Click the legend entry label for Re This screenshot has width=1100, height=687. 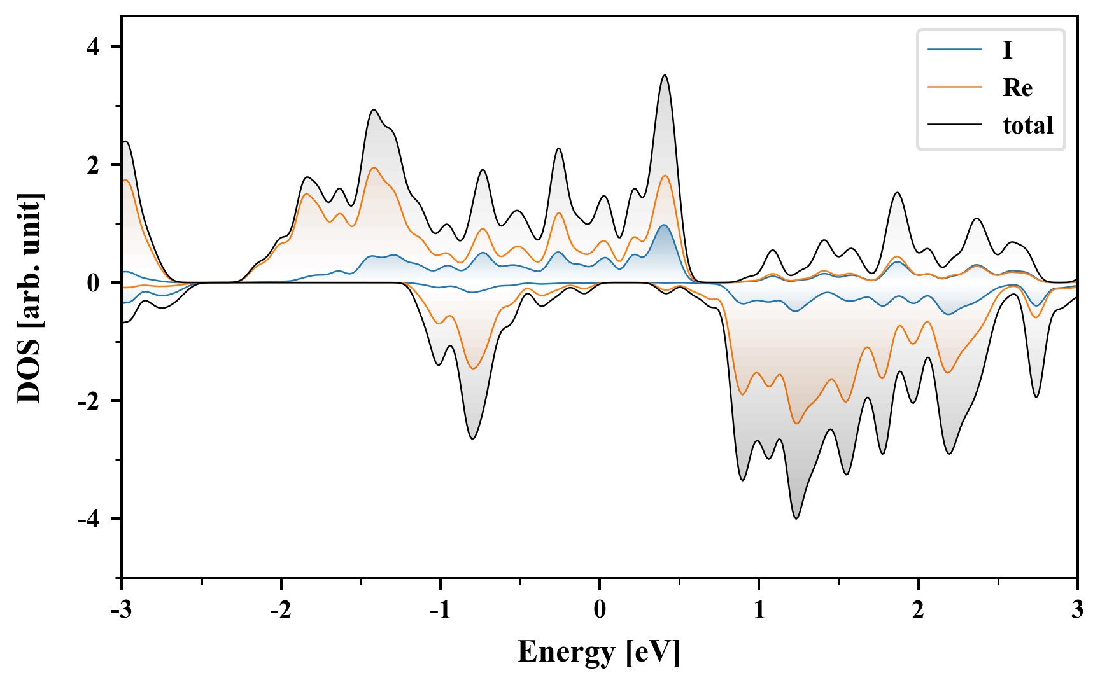[x=1017, y=88]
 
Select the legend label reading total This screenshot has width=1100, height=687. [x=1028, y=125]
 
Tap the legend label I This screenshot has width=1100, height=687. [x=1007, y=50]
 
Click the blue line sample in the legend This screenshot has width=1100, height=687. [x=955, y=50]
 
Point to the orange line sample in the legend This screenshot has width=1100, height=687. [x=955, y=87]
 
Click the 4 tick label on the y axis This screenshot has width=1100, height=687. [x=94, y=47]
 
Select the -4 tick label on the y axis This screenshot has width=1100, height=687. [x=89, y=519]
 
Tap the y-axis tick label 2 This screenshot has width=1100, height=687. [x=94, y=165]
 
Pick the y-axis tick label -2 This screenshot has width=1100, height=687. [x=89, y=401]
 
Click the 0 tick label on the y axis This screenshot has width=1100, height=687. [x=94, y=283]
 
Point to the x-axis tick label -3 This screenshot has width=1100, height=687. [x=121, y=610]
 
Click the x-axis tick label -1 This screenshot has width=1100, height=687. [x=440, y=610]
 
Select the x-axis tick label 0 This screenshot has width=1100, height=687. [x=600, y=610]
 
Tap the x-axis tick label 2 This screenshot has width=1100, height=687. [x=918, y=610]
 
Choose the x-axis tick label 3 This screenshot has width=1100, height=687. [x=1077, y=610]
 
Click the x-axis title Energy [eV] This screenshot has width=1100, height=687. [x=599, y=653]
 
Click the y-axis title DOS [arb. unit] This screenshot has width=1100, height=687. [x=29, y=297]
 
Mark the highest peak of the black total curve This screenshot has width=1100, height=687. [x=665, y=75]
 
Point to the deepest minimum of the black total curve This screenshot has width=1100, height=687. [x=796, y=518]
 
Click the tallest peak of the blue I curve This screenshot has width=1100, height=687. [x=663, y=225]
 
